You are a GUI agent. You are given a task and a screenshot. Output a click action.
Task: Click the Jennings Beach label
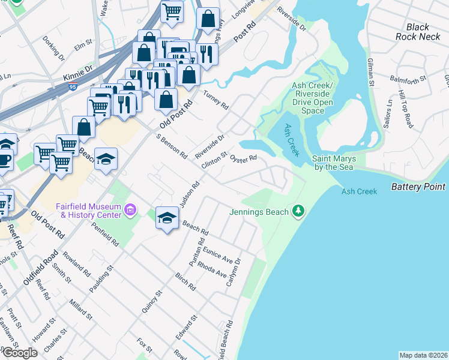pos(258,212)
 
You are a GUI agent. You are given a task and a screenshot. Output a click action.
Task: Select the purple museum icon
pos(131,211)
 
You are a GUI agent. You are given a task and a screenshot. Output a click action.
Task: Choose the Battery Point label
pos(418,187)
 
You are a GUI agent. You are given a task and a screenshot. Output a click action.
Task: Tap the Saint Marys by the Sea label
pos(334,163)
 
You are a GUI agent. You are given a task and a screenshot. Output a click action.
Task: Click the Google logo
pos(19,353)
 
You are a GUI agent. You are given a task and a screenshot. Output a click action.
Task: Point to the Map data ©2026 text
pos(423,355)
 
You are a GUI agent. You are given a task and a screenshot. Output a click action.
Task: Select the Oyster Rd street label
pos(244,158)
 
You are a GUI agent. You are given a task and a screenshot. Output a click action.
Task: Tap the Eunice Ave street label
pos(220,254)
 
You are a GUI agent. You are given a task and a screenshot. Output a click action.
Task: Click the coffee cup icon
pos(5,161)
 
